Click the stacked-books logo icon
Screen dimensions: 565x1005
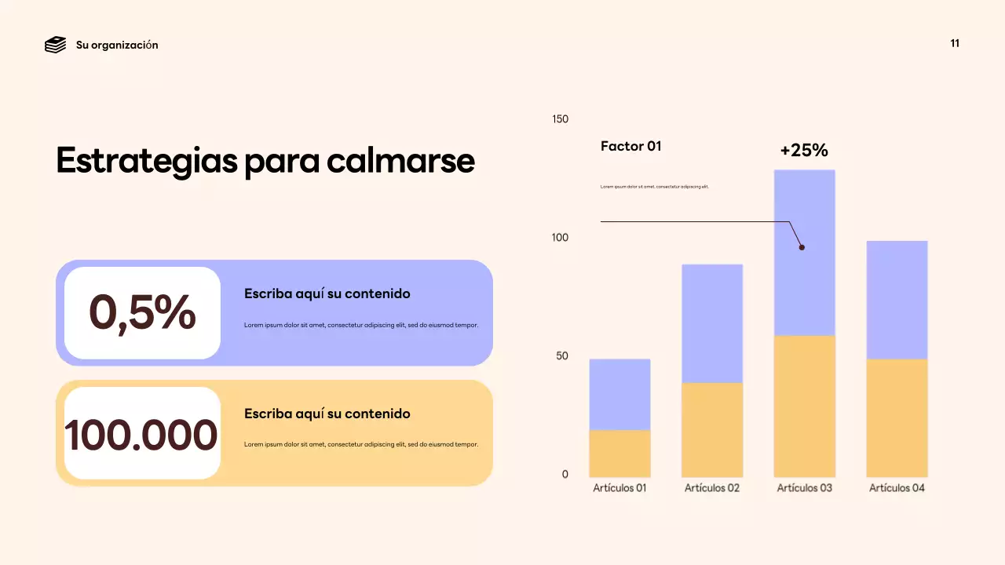coord(55,45)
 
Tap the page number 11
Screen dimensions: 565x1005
coord(955,43)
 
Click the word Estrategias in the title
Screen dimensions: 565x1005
coord(146,161)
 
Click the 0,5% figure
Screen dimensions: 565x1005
coord(142,312)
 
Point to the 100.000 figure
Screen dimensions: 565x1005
coord(141,435)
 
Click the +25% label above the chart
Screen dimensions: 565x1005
coord(804,150)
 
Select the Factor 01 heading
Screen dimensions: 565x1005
coord(631,146)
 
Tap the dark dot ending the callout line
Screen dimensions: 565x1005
coord(802,247)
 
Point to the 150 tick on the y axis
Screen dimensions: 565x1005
coord(560,119)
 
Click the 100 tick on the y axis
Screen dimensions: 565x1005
coord(560,238)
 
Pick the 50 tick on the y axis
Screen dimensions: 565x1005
coord(562,356)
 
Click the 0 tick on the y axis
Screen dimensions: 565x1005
coord(565,475)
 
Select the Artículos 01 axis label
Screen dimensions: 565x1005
coord(619,488)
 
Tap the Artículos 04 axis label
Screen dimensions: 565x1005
coord(897,488)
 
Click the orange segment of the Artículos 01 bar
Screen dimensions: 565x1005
coord(619,454)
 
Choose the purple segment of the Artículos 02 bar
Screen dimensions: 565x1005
coord(712,323)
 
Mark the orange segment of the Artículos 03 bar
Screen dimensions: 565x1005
coord(804,406)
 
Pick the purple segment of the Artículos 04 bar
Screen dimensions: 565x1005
coord(897,300)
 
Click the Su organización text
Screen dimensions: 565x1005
coord(117,45)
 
